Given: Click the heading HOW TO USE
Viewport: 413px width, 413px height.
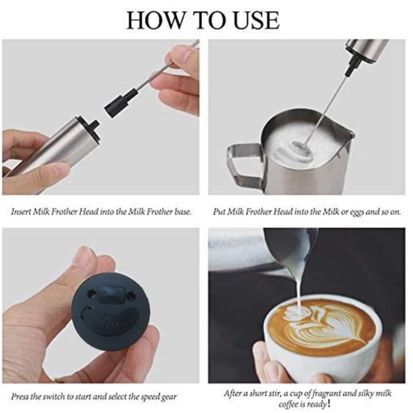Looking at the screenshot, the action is pyautogui.click(x=203, y=20).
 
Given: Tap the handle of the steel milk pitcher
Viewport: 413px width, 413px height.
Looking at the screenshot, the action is pyautogui.click(x=244, y=163).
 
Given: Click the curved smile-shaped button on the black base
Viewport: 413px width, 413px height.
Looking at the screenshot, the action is pyautogui.click(x=110, y=319).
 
